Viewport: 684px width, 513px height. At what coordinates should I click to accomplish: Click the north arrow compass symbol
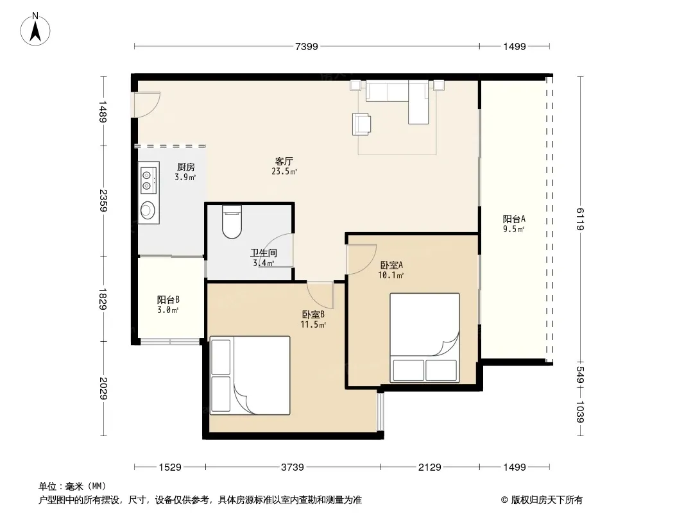(35, 29)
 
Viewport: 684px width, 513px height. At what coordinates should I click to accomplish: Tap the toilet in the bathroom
(232, 222)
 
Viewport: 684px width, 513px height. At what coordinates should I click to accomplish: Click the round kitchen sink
(148, 210)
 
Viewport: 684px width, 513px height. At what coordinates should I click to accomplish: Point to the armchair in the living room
(361, 124)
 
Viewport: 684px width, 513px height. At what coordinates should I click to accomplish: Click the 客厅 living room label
(284, 161)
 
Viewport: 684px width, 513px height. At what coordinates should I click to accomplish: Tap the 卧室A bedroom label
(391, 265)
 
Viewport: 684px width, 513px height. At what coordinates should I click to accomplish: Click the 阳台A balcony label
(514, 219)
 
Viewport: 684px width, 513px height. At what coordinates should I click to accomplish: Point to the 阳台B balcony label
(168, 300)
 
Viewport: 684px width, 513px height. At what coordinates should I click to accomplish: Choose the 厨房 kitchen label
(186, 167)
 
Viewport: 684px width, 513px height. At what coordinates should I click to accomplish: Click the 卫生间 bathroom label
(264, 253)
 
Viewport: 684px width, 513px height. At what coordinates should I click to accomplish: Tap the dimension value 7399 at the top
(307, 46)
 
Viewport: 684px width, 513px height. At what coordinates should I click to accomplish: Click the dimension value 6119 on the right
(580, 219)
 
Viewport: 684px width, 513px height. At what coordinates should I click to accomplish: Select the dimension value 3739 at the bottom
(292, 467)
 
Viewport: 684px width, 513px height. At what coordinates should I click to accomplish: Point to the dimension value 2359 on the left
(103, 201)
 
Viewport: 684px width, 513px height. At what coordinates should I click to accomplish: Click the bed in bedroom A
(424, 338)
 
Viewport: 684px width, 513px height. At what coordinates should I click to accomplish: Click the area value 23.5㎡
(284, 172)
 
